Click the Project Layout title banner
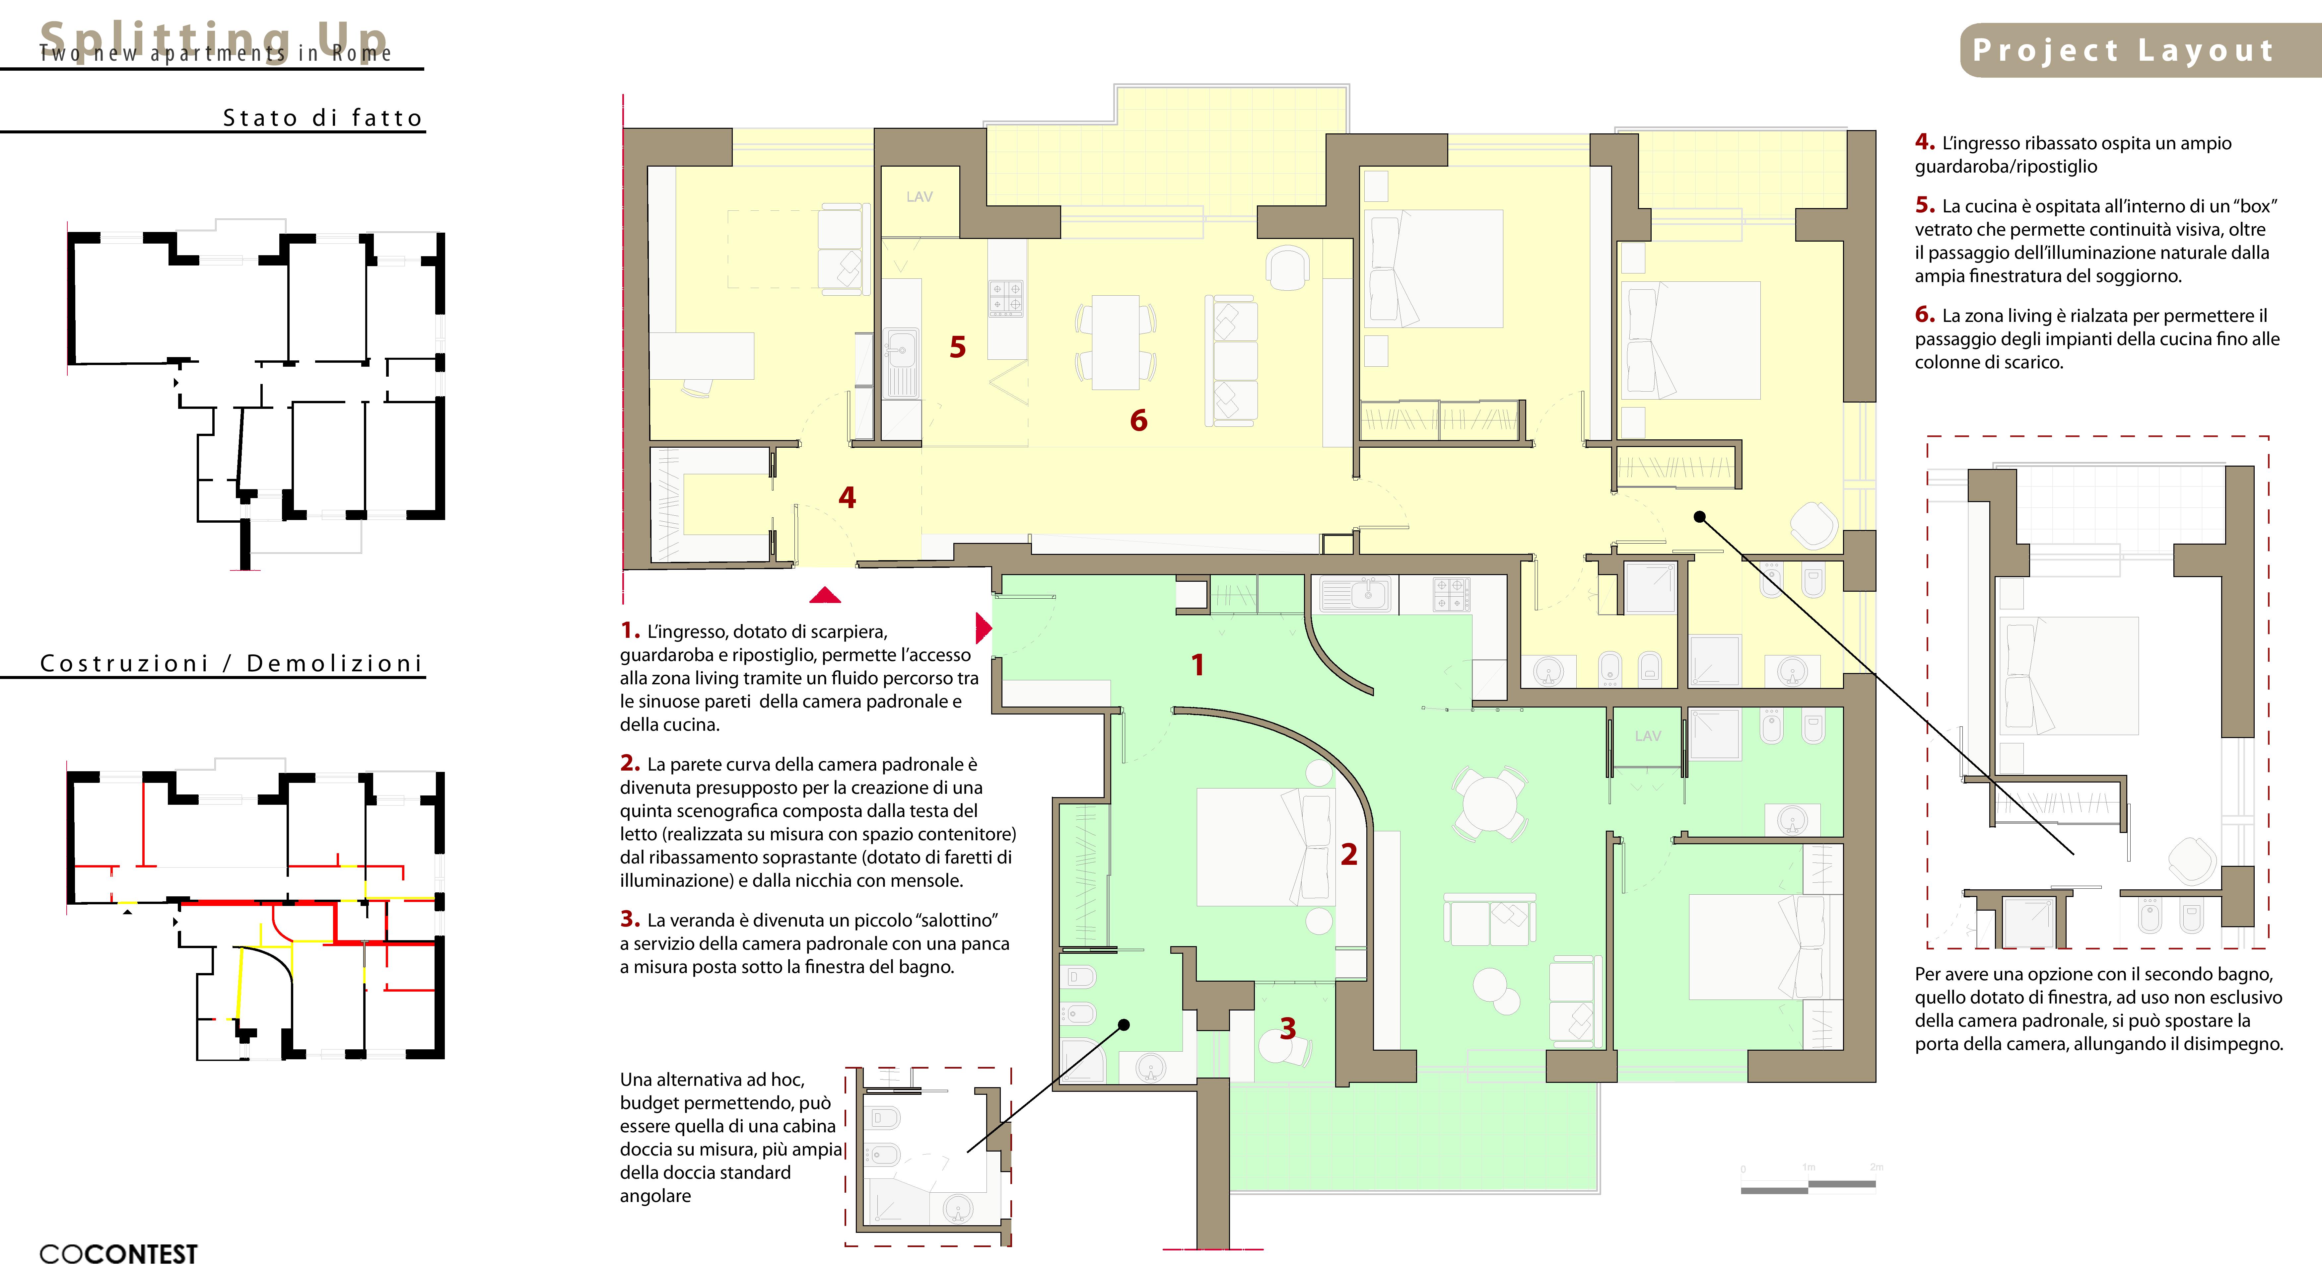tap(2141, 50)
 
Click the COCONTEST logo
tap(118, 1254)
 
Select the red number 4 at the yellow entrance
tap(847, 497)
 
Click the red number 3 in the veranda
tap(1288, 1028)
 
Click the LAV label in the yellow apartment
tap(920, 196)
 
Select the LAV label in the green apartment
tap(1648, 736)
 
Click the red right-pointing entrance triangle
tap(984, 628)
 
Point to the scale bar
tap(1808, 1186)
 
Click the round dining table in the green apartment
tap(1490, 804)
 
